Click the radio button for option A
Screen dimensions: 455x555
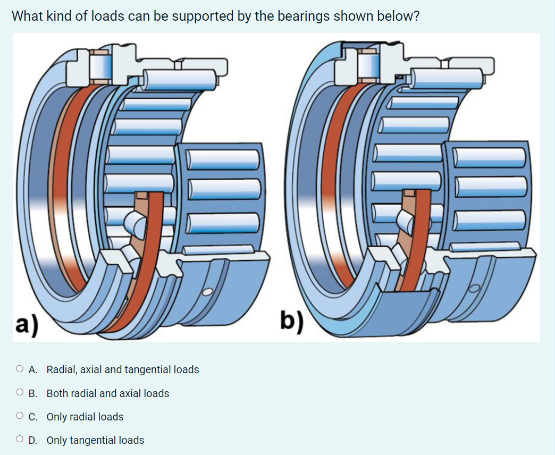pos(20,369)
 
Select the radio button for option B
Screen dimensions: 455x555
pos(20,393)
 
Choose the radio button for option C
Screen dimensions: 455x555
pos(20,417)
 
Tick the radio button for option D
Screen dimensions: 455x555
pos(20,440)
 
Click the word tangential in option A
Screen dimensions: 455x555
pos(148,369)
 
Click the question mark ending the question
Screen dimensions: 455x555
pos(416,16)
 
